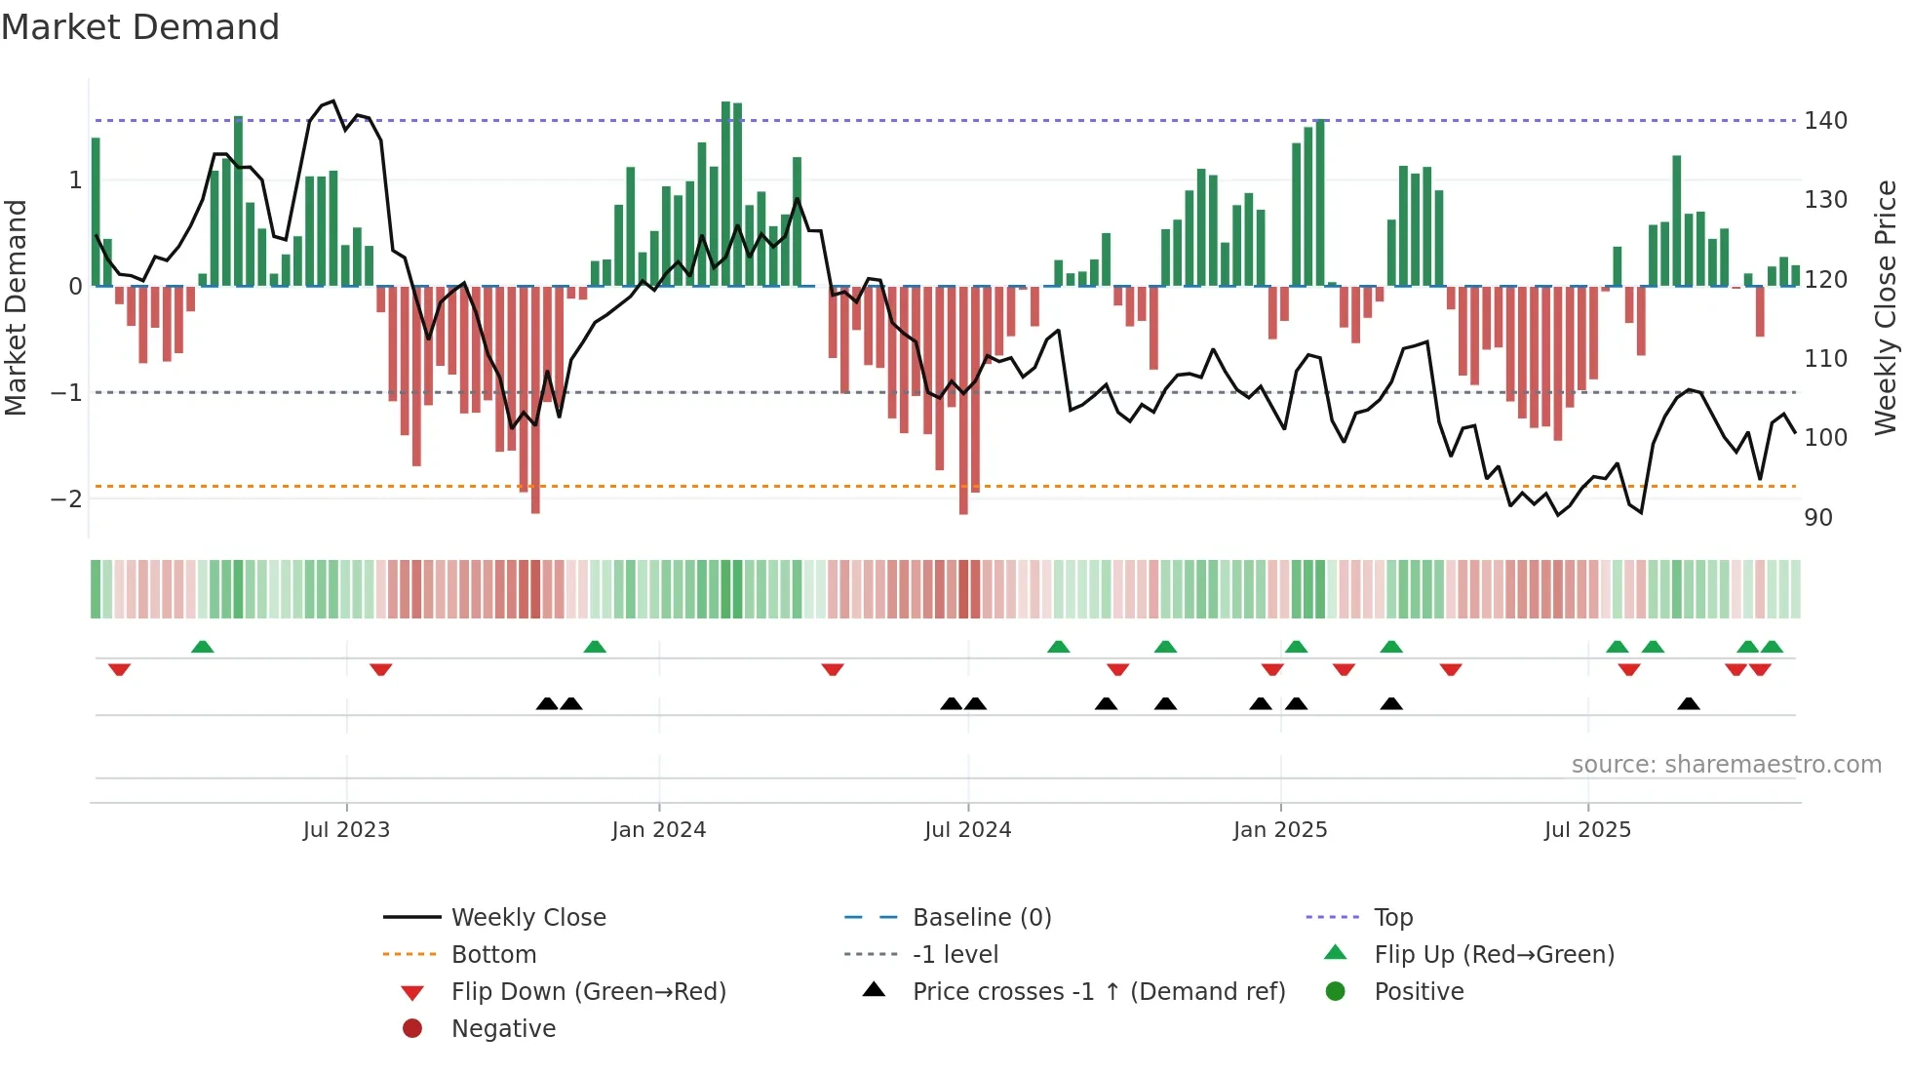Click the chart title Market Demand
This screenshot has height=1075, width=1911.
pos(140,27)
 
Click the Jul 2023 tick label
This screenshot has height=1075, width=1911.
pos(346,830)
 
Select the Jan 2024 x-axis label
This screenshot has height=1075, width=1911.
pos(658,830)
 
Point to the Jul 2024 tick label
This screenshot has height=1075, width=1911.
pos(967,830)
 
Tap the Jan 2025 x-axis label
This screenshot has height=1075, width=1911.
pos(1279,830)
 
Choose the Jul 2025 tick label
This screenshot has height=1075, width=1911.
pos(1587,830)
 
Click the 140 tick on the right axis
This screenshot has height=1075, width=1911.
pos(1825,121)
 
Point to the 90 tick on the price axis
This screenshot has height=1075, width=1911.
pos(1818,518)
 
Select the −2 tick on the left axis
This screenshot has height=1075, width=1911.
pos(66,499)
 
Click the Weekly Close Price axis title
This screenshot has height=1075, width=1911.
pos(1886,307)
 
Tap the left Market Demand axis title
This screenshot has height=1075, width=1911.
pos(16,307)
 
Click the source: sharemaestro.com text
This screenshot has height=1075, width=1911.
pos(1726,765)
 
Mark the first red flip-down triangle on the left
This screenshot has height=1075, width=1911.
pos(119,669)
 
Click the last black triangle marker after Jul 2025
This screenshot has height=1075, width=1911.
pos(1689,703)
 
